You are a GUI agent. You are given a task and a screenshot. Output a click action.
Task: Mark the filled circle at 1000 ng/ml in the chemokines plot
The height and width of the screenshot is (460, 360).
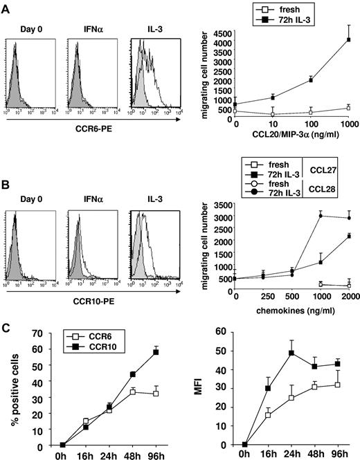(x=302, y=216)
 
